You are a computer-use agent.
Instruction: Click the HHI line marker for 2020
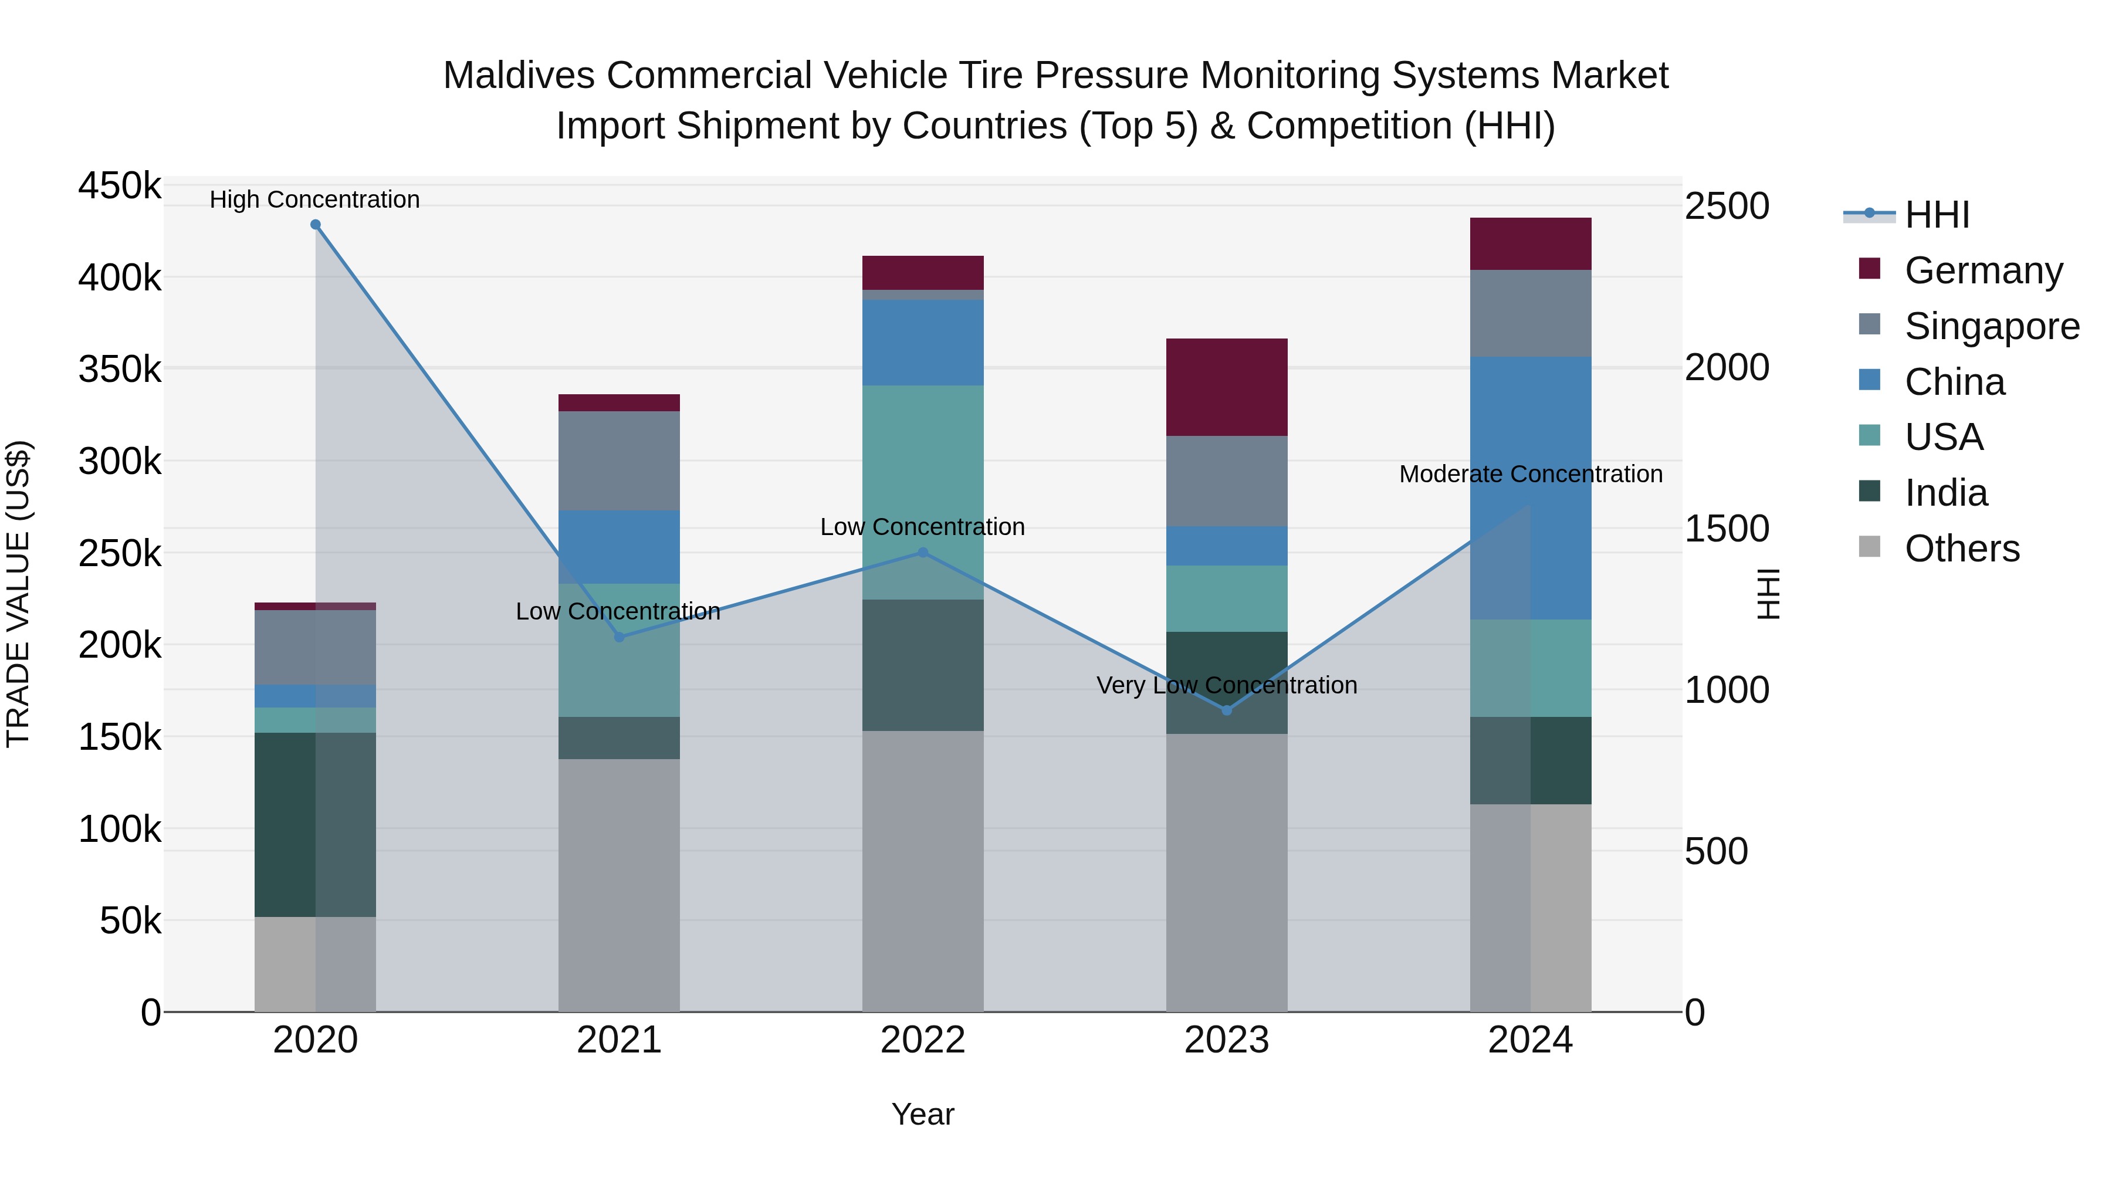(316, 225)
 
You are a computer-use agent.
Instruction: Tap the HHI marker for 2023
(1227, 710)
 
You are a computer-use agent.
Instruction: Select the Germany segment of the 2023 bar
(1227, 387)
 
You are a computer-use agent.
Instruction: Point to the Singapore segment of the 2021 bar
(619, 461)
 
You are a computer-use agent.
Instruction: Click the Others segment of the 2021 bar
(619, 885)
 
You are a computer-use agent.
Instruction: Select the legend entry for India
(1945, 493)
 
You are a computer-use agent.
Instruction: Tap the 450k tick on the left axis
(120, 186)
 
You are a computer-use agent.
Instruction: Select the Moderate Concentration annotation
(1530, 474)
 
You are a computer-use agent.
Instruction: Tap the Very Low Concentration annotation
(1227, 685)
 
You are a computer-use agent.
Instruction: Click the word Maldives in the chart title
(518, 76)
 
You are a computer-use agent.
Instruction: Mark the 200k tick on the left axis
(120, 645)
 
